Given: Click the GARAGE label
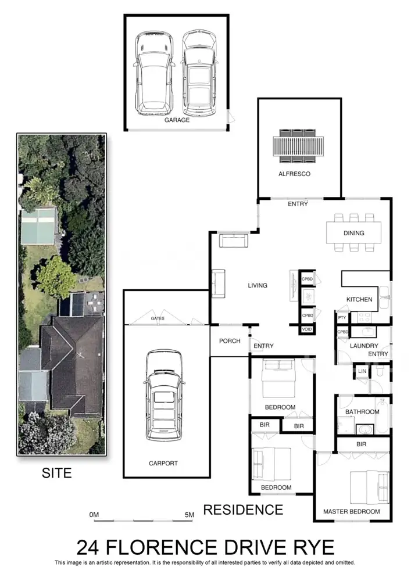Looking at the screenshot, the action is pyautogui.click(x=177, y=120).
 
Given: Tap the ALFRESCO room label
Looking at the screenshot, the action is pyautogui.click(x=294, y=174).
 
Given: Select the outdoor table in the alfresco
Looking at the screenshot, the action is pyautogui.click(x=298, y=146).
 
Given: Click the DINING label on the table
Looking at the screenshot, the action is pyautogui.click(x=353, y=233).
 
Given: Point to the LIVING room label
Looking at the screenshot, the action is pyautogui.click(x=258, y=285).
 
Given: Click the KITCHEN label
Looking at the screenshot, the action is pyautogui.click(x=359, y=299).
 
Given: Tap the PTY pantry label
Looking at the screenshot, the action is pyautogui.click(x=342, y=318).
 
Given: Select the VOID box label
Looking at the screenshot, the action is pyautogui.click(x=307, y=329).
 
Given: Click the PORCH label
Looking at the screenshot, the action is pyautogui.click(x=230, y=341).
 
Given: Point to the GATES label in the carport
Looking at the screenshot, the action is pyautogui.click(x=158, y=318).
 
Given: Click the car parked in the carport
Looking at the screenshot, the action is pyautogui.click(x=163, y=395).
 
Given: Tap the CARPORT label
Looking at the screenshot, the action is pyautogui.click(x=163, y=463).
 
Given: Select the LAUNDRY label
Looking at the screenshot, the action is pyautogui.click(x=364, y=346).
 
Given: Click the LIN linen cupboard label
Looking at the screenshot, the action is pyautogui.click(x=362, y=371).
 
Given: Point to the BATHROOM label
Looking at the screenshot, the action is pyautogui.click(x=362, y=412).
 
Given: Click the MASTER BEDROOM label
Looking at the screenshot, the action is pyautogui.click(x=351, y=512).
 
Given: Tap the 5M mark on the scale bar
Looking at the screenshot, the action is pyautogui.click(x=190, y=515).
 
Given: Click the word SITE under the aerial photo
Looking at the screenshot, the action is pyautogui.click(x=56, y=473).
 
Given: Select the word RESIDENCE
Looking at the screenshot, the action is pyautogui.click(x=243, y=510).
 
